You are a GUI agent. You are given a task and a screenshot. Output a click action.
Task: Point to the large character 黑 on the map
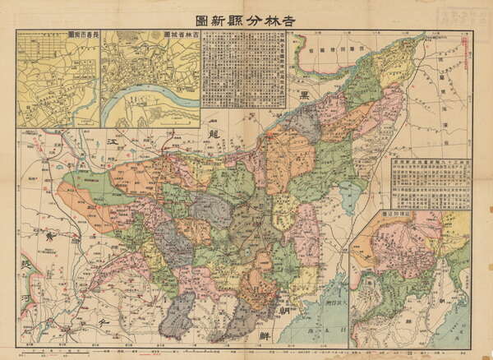(x=305, y=95)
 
